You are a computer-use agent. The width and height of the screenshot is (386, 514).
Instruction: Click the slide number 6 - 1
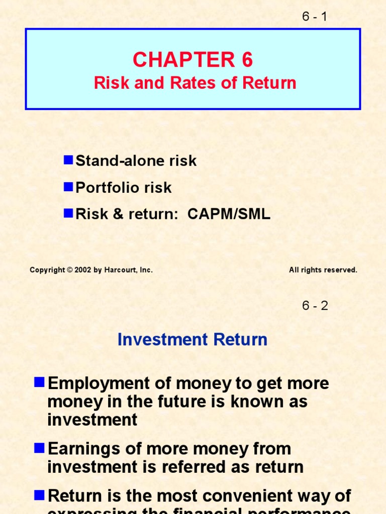point(315,17)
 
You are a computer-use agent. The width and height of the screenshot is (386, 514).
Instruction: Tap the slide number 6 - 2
point(315,306)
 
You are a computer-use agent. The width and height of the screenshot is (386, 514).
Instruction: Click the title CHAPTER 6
point(192,60)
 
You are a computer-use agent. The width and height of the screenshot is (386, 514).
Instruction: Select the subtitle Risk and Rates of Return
point(195,83)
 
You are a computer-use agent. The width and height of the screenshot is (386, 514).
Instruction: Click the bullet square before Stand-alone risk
point(68,160)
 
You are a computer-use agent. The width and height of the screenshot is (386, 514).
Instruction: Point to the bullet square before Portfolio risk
point(68,187)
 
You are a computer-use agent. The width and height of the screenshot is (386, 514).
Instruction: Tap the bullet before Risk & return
point(68,214)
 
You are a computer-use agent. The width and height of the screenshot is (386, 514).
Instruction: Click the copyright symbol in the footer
point(70,270)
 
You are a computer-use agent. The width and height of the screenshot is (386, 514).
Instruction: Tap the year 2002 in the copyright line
point(82,270)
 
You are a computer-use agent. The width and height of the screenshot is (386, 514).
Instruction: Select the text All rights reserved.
point(323,270)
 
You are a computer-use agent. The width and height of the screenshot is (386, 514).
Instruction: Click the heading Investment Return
point(192,340)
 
